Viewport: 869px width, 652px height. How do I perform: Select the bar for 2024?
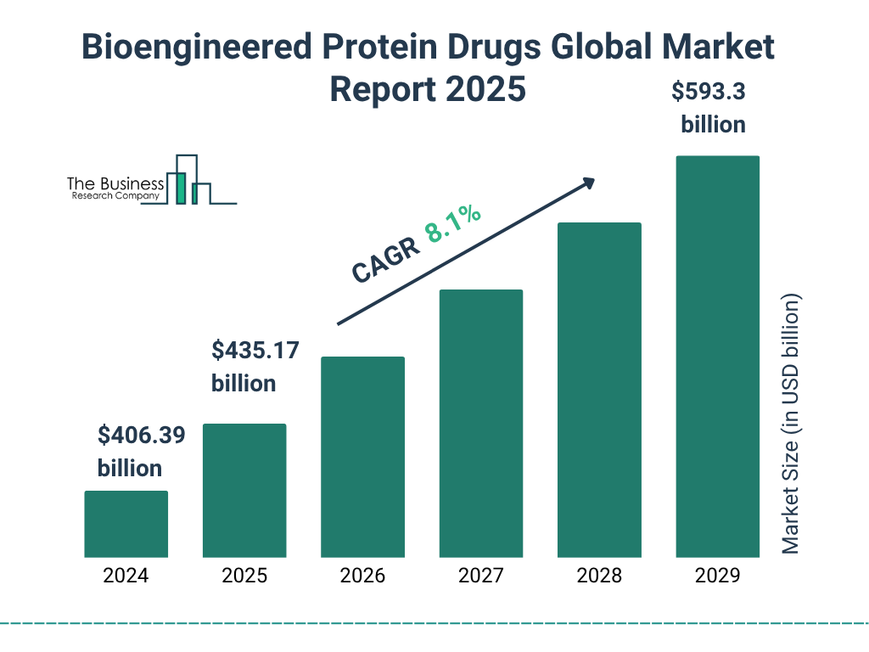pos(126,524)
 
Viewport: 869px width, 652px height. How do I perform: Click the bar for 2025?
pos(244,491)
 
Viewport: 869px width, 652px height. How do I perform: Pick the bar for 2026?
pos(362,457)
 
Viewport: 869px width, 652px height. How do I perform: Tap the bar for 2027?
pos(481,424)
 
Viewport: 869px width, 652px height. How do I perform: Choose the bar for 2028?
pos(599,390)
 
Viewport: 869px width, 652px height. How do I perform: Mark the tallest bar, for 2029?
pos(717,357)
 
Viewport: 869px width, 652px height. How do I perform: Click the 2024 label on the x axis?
pos(126,576)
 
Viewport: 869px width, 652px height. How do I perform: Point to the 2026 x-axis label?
pos(362,576)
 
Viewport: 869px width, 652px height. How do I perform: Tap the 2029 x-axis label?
pos(717,576)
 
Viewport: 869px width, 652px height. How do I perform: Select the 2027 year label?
pos(481,576)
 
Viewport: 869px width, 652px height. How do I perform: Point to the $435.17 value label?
pos(255,351)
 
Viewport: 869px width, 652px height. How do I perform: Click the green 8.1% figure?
pos(453,224)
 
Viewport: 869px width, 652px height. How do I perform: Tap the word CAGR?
pos(385,260)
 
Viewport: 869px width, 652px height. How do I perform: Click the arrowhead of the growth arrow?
pos(588,183)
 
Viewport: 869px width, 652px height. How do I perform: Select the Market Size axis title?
pos(791,424)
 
